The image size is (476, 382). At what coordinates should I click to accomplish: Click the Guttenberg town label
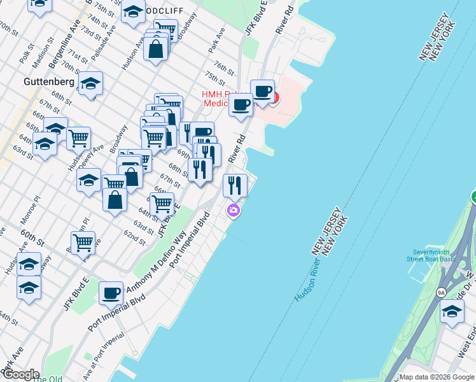click(x=48, y=81)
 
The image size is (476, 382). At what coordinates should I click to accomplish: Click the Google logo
click(x=20, y=374)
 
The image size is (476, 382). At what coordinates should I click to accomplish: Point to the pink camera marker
click(x=234, y=210)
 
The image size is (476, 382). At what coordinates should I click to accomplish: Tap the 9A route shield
click(x=440, y=292)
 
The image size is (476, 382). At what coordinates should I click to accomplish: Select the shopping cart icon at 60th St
click(x=83, y=242)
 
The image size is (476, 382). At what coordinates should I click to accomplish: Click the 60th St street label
click(x=32, y=242)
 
